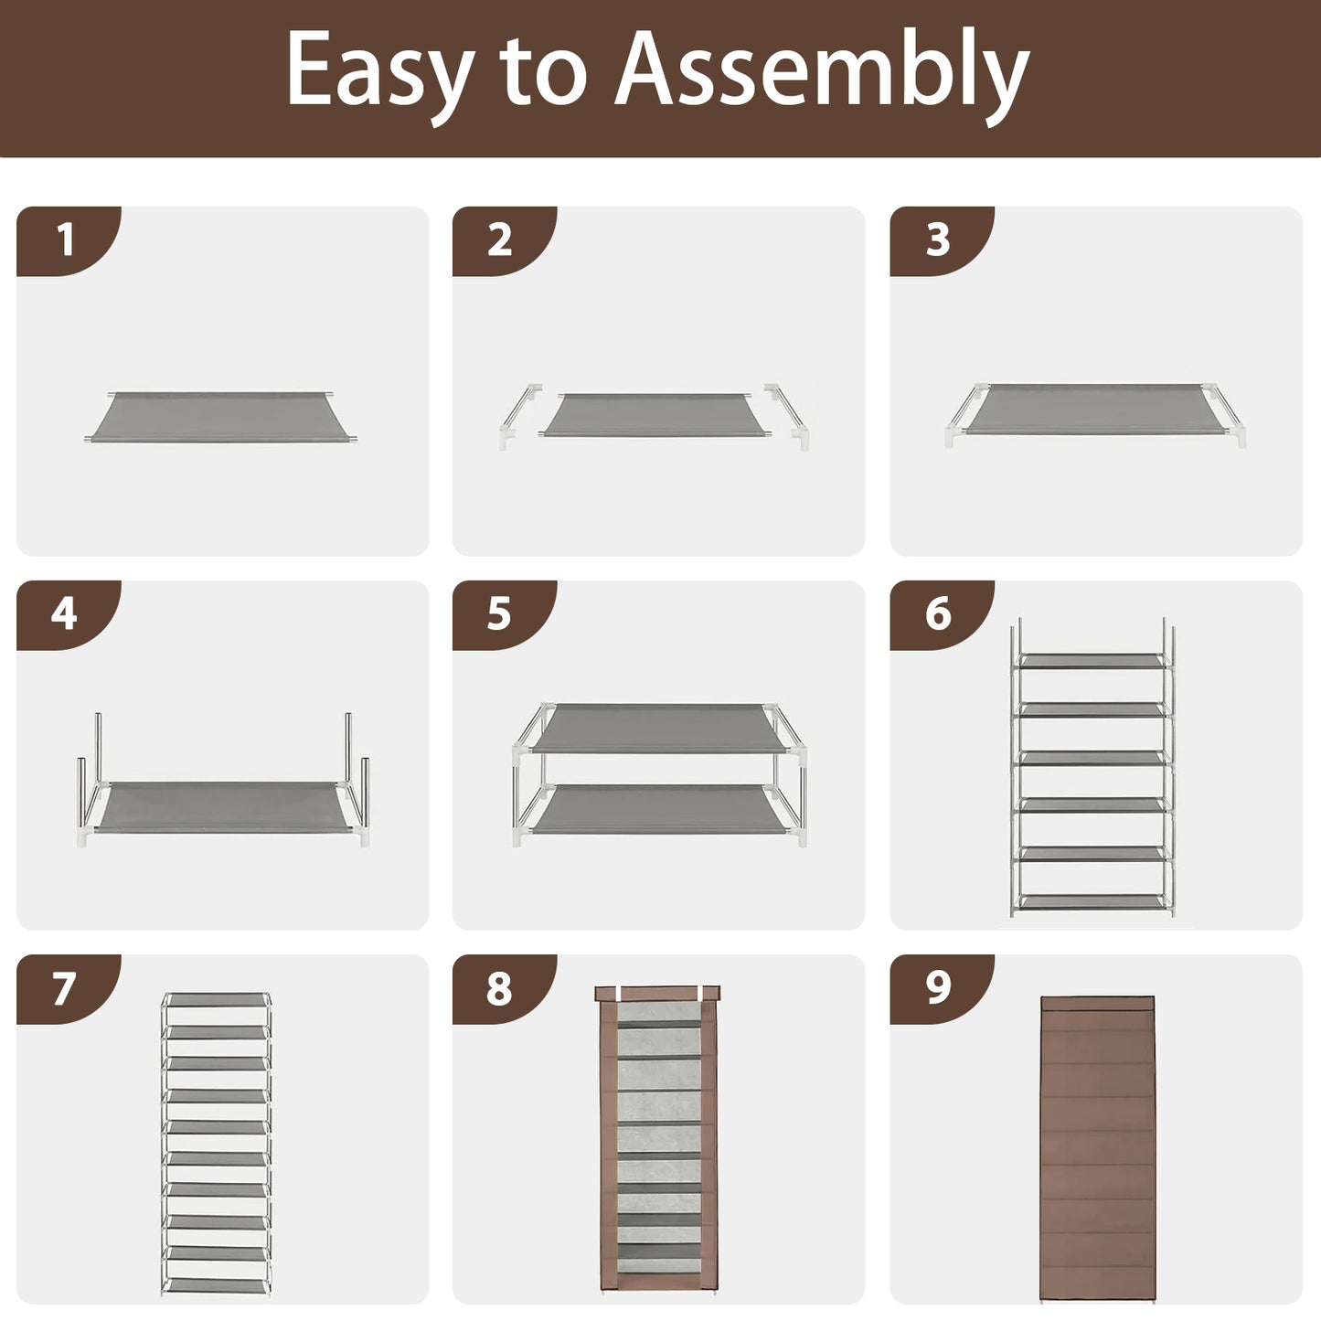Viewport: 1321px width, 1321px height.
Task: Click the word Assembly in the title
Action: click(821, 75)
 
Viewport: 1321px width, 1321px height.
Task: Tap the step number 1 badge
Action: click(69, 241)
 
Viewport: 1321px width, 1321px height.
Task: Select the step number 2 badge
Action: click(505, 241)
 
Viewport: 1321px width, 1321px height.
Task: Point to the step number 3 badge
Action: click(942, 241)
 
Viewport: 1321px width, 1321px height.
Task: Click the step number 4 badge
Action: click(69, 615)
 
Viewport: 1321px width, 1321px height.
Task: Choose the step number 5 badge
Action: click(505, 615)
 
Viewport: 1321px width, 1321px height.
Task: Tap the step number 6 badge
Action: click(942, 615)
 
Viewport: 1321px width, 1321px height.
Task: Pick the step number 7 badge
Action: click(69, 989)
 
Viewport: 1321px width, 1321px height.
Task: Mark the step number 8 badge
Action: click(505, 989)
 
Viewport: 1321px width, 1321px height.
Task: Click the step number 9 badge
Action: click(942, 989)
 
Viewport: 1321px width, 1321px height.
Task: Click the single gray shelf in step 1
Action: click(220, 417)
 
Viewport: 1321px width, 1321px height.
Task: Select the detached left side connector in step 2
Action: click(520, 417)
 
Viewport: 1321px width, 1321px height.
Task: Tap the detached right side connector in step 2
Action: click(787, 417)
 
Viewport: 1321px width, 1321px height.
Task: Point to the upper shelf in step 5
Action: click(658, 728)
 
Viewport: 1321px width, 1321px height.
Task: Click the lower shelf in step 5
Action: click(658, 809)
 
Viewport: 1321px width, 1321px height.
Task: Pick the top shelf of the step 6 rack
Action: click(1092, 661)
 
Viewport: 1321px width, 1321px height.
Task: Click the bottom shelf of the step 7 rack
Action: click(217, 1284)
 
